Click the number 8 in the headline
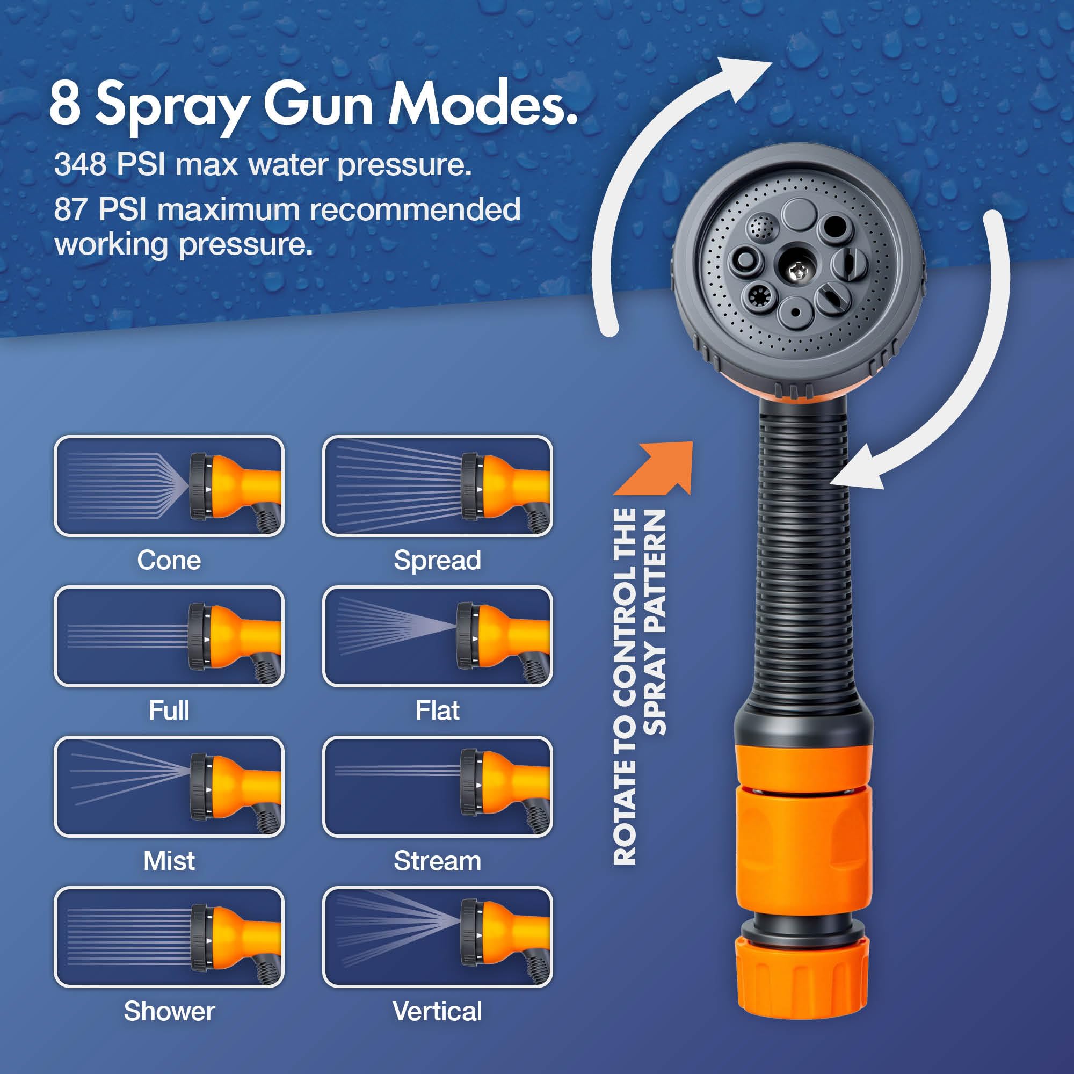65,104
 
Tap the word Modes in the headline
481,104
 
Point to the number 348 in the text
81,164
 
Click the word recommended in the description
415,209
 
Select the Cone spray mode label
169,560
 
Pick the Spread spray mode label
438,560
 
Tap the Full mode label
169,710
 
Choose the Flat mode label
438,710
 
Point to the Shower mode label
169,1011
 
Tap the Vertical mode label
438,1011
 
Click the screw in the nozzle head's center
796,271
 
